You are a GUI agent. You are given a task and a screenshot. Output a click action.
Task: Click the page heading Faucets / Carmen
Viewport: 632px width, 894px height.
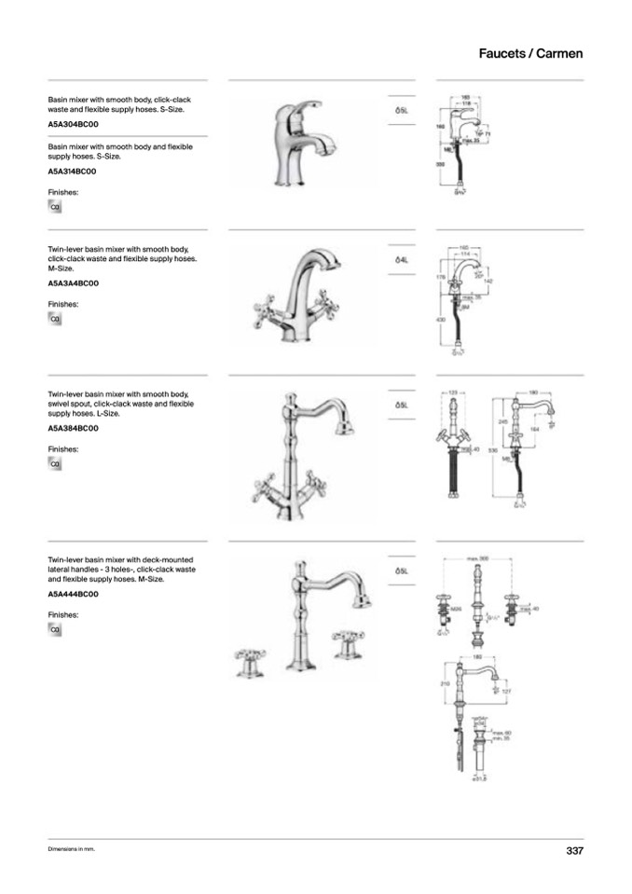530,53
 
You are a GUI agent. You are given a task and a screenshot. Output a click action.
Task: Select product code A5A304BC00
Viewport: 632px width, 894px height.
73,124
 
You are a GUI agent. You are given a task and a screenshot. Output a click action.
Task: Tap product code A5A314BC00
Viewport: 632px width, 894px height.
73,172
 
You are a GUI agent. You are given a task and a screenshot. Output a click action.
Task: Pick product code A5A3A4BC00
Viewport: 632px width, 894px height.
73,283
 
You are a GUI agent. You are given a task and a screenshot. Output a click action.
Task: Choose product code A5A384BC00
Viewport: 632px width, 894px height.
73,428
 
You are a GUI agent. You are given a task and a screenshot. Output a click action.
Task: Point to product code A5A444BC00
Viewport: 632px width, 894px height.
73,594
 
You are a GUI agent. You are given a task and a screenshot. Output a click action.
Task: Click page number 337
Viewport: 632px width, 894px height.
574,850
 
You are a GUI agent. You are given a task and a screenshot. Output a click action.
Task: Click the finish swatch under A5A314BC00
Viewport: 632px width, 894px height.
55,207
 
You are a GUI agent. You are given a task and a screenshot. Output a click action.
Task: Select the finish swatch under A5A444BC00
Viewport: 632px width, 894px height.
55,630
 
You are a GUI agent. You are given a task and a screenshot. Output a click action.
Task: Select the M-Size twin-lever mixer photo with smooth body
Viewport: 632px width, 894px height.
295,295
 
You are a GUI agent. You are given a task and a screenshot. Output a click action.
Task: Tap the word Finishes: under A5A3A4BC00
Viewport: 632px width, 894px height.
63,304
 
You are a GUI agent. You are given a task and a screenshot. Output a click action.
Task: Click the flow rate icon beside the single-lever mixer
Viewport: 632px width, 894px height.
403,110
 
